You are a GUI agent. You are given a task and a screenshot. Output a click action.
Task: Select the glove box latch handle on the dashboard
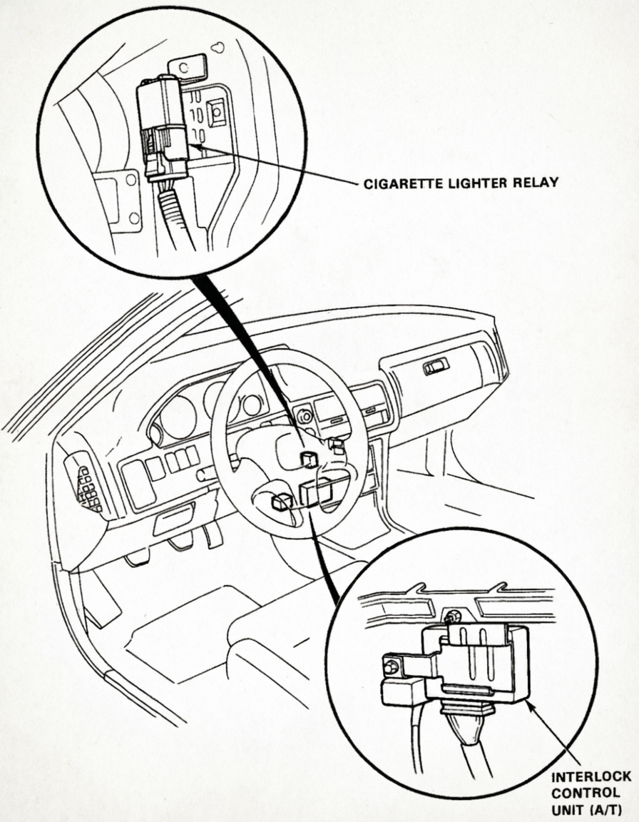pyautogui.click(x=436, y=367)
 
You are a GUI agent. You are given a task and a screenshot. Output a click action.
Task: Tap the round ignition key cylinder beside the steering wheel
pyautogui.click(x=305, y=414)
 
